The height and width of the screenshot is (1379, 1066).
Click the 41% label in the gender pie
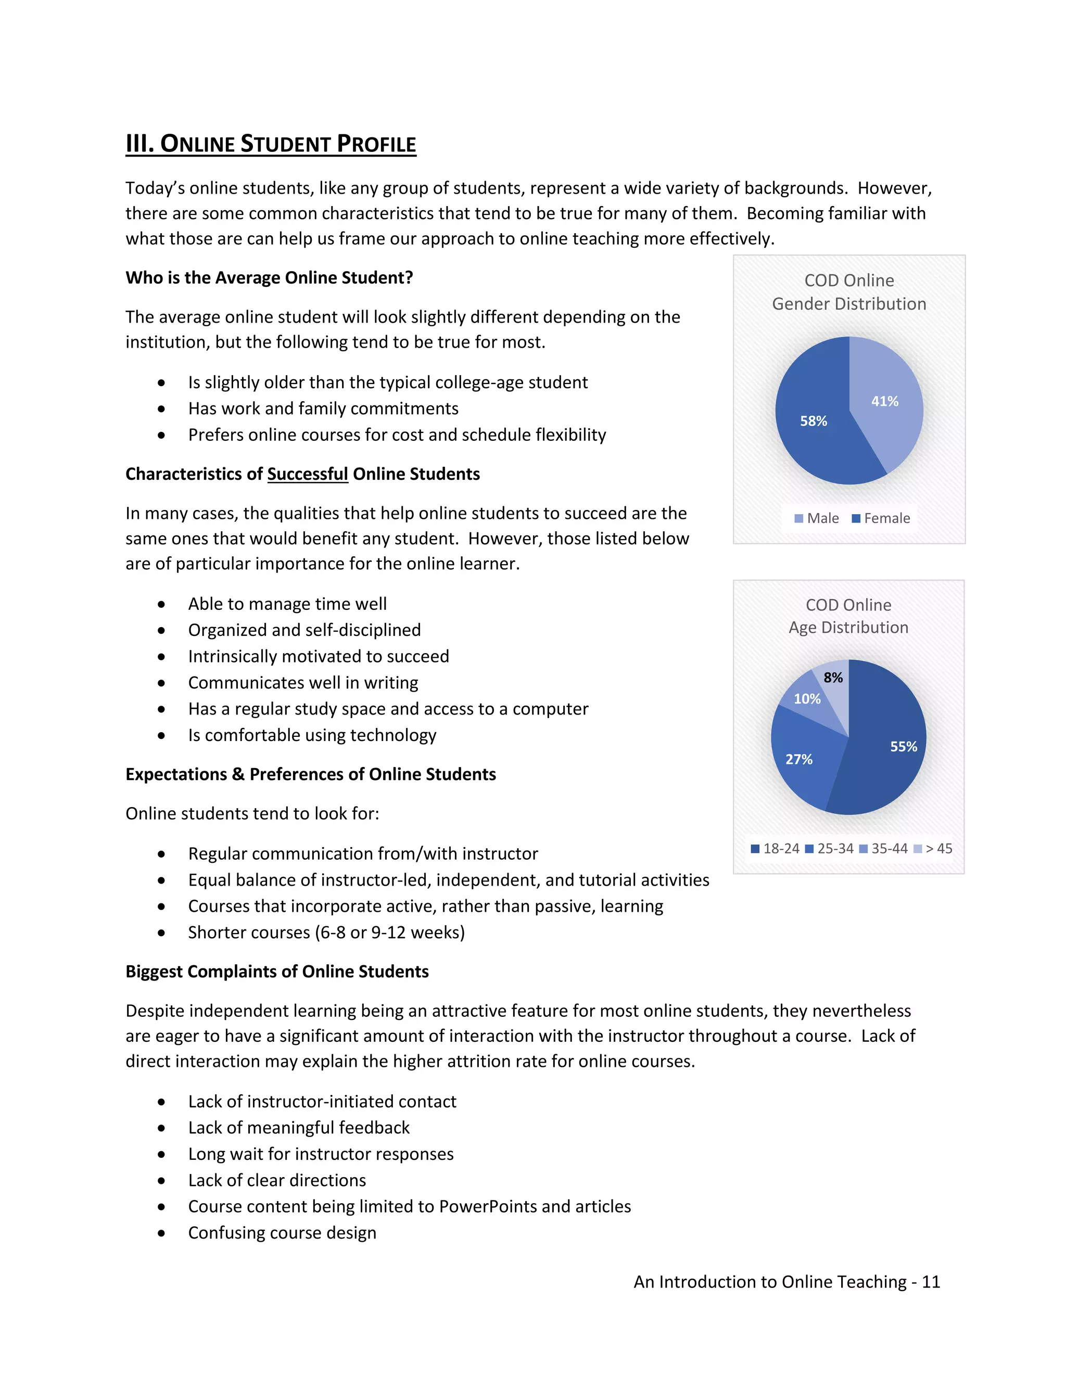tap(884, 401)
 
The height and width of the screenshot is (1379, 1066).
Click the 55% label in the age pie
tap(903, 746)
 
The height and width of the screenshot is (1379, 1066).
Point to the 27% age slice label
tap(798, 759)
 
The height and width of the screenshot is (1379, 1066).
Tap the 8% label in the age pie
tap(832, 678)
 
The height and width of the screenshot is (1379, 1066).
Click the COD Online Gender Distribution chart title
tap(849, 292)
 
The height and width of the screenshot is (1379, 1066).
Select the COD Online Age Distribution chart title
tap(848, 616)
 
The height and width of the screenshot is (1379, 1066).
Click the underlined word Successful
tap(308, 474)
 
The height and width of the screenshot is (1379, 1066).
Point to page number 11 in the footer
tap(930, 1282)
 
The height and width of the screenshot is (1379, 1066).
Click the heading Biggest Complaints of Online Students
tap(276, 972)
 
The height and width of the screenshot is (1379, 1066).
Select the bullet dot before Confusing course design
tap(162, 1233)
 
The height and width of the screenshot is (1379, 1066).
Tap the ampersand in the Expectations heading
tap(238, 775)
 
